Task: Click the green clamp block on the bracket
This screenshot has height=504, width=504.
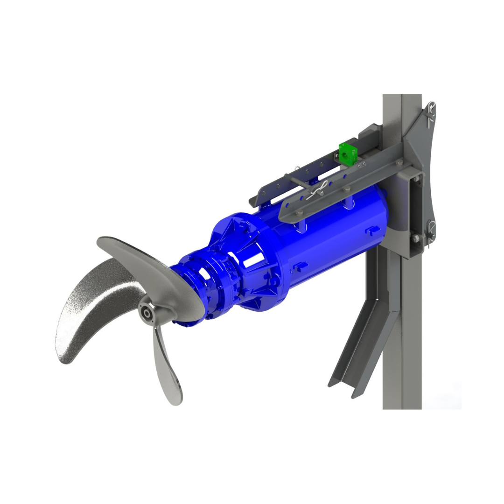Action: click(346, 154)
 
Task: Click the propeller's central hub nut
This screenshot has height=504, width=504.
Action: click(147, 313)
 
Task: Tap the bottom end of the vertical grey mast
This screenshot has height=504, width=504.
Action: click(402, 406)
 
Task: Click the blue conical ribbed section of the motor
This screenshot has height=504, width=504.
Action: click(243, 261)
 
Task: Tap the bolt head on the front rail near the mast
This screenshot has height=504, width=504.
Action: click(399, 163)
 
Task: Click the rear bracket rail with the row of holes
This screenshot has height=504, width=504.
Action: click(299, 173)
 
